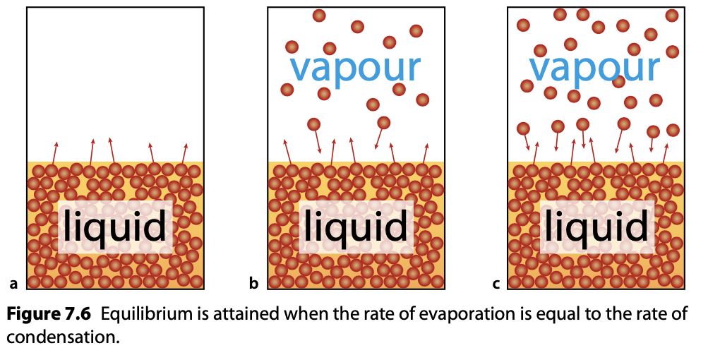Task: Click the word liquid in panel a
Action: tap(115, 227)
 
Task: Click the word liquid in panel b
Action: tap(356, 227)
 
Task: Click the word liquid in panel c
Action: tap(596, 227)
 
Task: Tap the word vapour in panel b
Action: tap(355, 68)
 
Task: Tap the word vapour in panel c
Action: tap(594, 68)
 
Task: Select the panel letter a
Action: tap(13, 284)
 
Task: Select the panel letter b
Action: tap(254, 284)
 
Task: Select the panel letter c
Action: tap(496, 284)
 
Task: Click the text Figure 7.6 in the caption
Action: tap(49, 313)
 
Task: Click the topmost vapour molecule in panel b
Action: tap(319, 15)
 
